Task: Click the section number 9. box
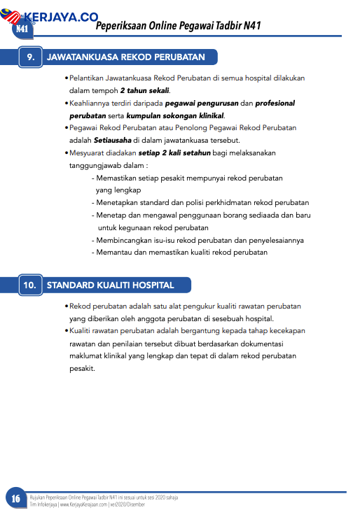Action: coord(29,57)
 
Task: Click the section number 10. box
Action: coord(29,285)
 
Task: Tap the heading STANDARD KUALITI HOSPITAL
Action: coord(110,285)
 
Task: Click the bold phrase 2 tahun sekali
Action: coord(144,91)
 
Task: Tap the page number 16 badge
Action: coord(15,498)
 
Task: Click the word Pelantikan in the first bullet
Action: coord(88,78)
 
